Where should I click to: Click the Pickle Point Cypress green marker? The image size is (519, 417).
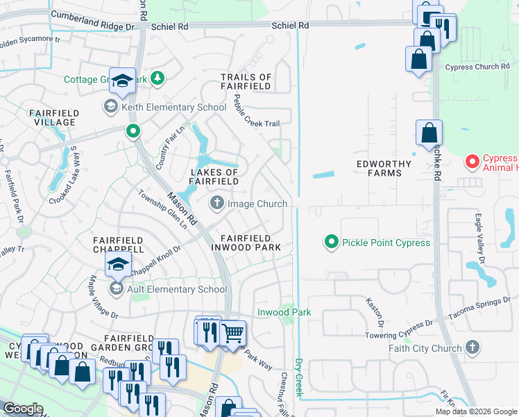click(x=332, y=243)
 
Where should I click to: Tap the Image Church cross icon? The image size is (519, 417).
click(x=216, y=204)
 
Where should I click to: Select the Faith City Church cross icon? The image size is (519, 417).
click(x=473, y=347)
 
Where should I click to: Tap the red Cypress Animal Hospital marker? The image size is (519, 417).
click(x=473, y=163)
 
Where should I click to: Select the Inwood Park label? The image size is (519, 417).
click(x=284, y=313)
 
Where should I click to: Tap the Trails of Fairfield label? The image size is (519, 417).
click(x=246, y=81)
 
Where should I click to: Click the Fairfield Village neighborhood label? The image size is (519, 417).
click(x=52, y=117)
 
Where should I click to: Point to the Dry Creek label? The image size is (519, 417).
click(x=300, y=378)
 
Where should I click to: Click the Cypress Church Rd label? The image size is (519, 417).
click(x=477, y=67)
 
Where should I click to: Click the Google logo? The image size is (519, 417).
click(x=23, y=409)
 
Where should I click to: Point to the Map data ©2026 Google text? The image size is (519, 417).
click(x=475, y=411)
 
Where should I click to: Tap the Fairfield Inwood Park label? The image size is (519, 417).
click(x=250, y=242)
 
